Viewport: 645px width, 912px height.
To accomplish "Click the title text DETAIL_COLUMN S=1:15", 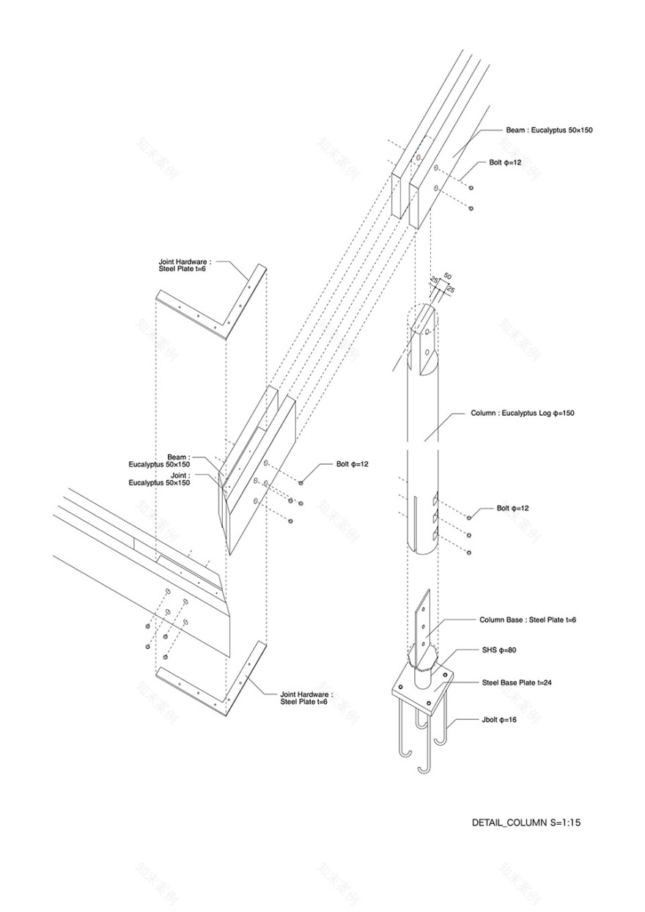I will (x=526, y=823).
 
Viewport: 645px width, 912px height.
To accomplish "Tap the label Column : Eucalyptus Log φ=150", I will (x=522, y=413).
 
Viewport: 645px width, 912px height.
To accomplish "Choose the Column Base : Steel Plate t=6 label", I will (x=527, y=620).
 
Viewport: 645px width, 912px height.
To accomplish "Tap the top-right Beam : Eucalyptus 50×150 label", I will (x=548, y=130).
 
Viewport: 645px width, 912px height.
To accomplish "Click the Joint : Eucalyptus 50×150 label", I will (x=159, y=479).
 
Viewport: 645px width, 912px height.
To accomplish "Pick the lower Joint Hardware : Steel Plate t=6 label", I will (x=306, y=697).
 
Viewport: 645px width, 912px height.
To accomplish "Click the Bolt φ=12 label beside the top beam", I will (x=505, y=162).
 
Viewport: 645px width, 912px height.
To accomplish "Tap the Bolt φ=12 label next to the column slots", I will (x=512, y=508).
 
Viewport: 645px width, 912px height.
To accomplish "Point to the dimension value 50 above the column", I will (x=448, y=276).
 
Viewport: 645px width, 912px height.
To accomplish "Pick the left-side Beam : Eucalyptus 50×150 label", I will (x=159, y=460).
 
